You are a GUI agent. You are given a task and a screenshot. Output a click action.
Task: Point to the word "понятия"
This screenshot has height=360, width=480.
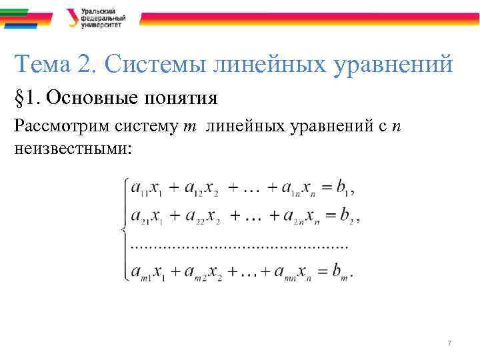tap(181, 99)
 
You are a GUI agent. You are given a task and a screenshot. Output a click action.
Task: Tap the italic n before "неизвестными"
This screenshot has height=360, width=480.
tap(397, 127)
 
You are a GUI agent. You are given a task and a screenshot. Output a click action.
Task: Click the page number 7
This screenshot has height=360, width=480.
tap(449, 343)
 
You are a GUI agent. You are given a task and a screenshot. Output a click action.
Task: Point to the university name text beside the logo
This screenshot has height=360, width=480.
tap(101, 17)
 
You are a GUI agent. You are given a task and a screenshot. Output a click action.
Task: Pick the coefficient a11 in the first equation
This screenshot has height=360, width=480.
tap(139, 189)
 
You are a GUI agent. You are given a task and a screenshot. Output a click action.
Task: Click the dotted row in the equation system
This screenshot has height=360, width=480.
tap(240, 246)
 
